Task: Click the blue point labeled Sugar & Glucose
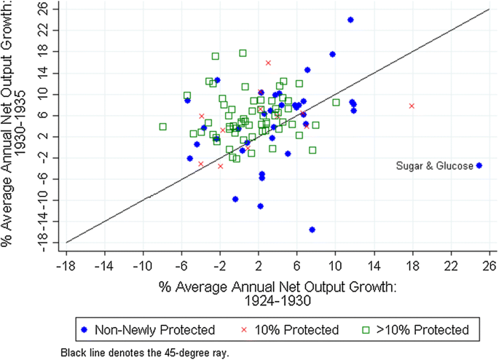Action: point(479,165)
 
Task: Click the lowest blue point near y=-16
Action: point(312,230)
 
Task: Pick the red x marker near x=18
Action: point(412,106)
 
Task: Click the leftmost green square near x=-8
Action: point(162,126)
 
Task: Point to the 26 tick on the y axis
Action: point(45,9)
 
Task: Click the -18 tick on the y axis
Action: point(44,243)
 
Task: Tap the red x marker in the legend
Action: point(244,329)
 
